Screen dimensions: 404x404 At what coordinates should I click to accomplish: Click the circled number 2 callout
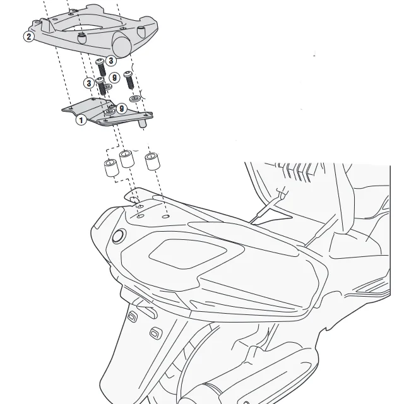(x=28, y=37)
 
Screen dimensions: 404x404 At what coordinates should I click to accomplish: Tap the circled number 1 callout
(x=81, y=120)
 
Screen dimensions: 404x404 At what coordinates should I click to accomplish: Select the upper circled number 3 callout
(x=111, y=61)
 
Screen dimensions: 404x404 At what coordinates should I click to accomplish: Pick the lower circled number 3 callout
(x=89, y=83)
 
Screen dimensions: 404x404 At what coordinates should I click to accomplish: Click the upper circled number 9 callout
(x=114, y=78)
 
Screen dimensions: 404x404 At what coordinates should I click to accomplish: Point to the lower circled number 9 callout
(x=121, y=109)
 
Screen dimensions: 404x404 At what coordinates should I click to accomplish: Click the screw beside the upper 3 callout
(x=101, y=68)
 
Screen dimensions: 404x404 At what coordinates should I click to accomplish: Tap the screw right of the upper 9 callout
(x=129, y=80)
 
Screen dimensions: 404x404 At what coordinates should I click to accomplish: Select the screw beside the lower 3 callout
(x=102, y=86)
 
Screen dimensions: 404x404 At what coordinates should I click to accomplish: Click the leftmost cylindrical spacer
(x=111, y=168)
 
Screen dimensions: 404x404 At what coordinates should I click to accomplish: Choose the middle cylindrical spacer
(x=127, y=158)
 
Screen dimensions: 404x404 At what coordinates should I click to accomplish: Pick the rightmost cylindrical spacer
(x=152, y=162)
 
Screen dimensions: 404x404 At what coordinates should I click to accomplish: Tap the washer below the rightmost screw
(x=134, y=98)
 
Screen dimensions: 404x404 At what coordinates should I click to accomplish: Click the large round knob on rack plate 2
(x=122, y=44)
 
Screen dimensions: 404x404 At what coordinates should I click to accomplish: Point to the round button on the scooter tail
(x=119, y=236)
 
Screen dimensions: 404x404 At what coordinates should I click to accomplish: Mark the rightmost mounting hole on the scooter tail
(x=166, y=217)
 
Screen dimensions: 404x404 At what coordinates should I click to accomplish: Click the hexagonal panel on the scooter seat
(x=188, y=254)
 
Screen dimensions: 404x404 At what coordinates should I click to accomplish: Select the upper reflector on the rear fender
(x=132, y=316)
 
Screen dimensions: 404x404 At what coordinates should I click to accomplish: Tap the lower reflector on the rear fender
(x=156, y=333)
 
